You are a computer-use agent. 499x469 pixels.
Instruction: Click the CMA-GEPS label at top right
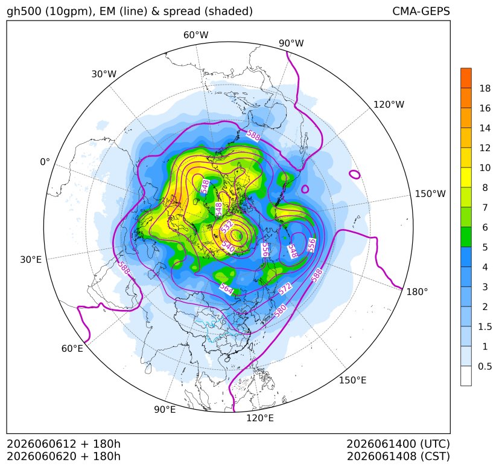(x=421, y=11)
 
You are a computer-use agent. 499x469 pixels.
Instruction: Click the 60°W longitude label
(x=196, y=35)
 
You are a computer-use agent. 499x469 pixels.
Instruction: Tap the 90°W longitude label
(x=291, y=43)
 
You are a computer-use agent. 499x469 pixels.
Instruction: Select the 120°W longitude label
(x=389, y=105)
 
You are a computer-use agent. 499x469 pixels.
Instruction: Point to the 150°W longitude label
(x=430, y=193)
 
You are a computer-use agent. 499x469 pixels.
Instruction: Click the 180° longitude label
(x=417, y=292)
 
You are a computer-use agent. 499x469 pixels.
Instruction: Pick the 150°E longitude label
(x=352, y=380)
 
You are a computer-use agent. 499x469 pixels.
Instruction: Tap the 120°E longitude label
(x=260, y=418)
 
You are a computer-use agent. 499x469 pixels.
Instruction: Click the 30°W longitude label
(x=104, y=74)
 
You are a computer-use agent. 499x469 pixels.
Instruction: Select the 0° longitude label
(x=45, y=162)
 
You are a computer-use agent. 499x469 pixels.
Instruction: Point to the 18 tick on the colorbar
(x=485, y=88)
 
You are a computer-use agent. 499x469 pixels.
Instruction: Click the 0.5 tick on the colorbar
(x=485, y=366)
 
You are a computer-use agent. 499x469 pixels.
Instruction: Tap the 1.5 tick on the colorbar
(x=485, y=326)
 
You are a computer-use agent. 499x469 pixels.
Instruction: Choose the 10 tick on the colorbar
(x=485, y=167)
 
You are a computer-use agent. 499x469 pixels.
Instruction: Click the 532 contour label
(x=227, y=227)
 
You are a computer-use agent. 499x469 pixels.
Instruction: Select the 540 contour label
(x=228, y=246)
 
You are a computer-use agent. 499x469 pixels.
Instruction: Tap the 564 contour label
(x=227, y=288)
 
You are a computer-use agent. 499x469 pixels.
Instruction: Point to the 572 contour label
(x=285, y=288)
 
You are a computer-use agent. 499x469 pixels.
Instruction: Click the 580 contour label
(x=280, y=311)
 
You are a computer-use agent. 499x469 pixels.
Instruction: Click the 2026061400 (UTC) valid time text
(x=398, y=444)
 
